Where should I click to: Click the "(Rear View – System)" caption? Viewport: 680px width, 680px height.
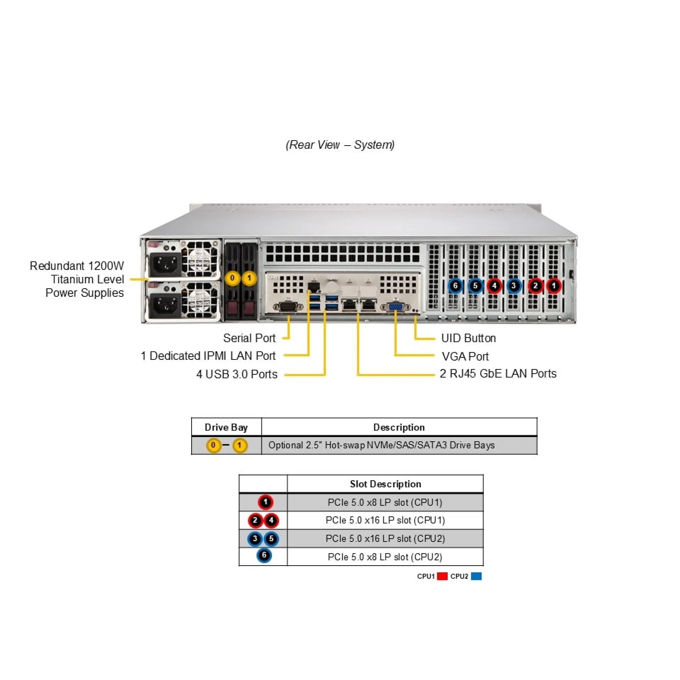340,144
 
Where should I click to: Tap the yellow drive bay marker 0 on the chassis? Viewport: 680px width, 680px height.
232,278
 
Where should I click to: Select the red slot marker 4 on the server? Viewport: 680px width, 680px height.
494,285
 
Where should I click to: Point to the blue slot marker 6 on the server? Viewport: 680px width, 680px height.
455,285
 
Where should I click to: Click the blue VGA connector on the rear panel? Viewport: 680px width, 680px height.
396,307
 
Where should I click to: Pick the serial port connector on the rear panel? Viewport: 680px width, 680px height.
288,307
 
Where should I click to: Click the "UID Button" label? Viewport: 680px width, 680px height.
468,338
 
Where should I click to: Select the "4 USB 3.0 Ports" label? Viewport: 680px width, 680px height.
237,374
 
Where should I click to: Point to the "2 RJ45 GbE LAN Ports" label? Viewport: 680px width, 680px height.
498,374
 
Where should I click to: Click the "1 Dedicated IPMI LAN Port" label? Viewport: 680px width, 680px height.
208,356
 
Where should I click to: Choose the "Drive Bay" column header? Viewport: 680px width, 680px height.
226,427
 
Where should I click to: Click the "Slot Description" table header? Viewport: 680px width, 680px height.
385,484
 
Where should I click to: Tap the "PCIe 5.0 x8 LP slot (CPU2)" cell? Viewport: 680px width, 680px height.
385,557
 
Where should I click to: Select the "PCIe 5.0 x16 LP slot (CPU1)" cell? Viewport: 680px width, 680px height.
385,520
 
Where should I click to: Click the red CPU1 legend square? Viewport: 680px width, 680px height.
442,576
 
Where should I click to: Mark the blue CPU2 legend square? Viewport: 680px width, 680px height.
476,576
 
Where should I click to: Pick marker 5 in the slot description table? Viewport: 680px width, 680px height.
271,539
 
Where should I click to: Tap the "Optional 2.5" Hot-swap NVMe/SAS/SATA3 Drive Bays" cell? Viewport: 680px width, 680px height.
381,445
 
